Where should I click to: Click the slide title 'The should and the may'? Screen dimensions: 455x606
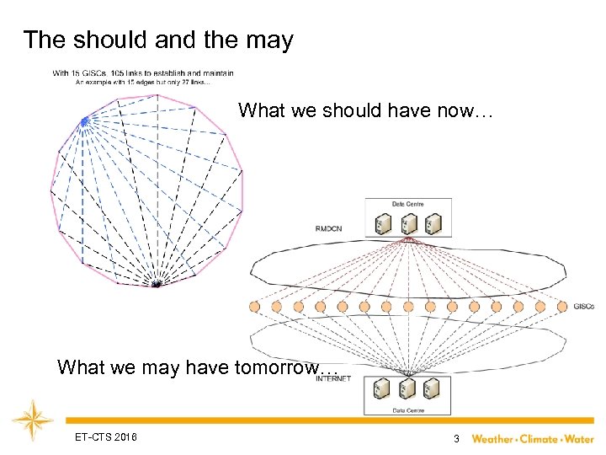[x=158, y=40]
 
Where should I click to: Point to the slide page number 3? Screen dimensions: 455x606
[x=455, y=438]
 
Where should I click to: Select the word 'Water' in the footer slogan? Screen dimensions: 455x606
[x=578, y=438]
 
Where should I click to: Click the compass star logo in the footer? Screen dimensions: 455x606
[x=33, y=420]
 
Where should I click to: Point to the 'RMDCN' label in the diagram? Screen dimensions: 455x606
[x=329, y=228]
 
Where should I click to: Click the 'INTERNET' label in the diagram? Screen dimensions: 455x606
[x=333, y=379]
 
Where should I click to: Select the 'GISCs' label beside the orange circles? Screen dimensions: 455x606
[x=583, y=306]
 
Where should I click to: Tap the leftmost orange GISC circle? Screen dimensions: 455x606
[x=255, y=307]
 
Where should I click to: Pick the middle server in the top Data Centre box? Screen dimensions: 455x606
[x=407, y=223]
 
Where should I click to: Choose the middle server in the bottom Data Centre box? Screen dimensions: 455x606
[x=407, y=390]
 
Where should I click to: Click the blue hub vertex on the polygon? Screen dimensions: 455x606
[x=84, y=122]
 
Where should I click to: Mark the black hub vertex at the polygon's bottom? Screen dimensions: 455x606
[x=156, y=285]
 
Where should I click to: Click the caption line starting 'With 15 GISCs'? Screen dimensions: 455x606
[x=143, y=73]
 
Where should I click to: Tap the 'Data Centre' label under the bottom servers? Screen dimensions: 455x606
[x=407, y=410]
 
